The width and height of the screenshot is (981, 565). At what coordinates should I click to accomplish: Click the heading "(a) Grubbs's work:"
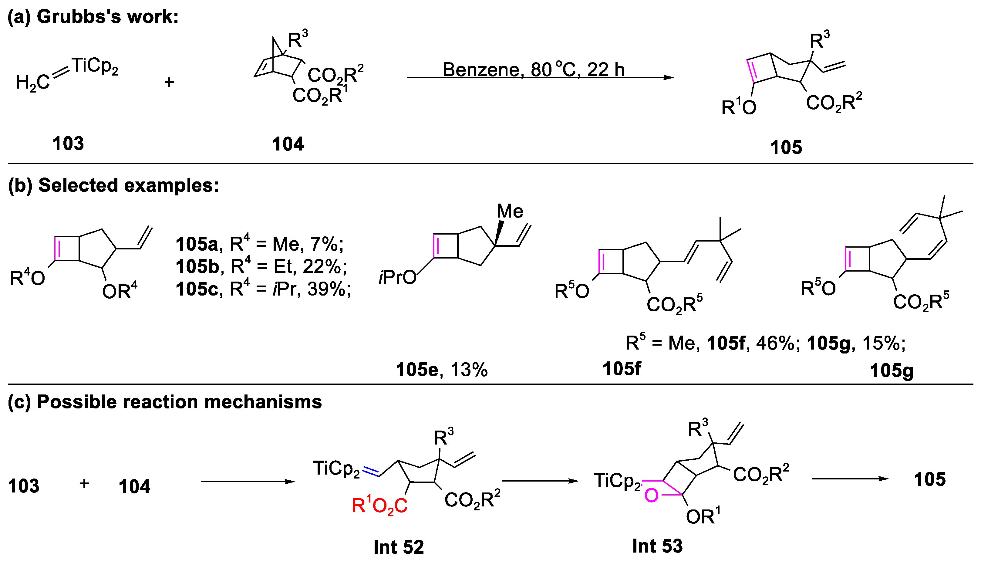(93, 17)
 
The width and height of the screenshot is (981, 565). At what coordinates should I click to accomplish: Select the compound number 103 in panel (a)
(68, 144)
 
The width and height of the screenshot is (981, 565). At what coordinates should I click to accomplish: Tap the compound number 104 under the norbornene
(288, 144)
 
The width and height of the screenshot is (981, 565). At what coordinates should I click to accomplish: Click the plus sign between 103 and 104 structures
(169, 82)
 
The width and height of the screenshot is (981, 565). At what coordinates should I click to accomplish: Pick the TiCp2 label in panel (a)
(95, 66)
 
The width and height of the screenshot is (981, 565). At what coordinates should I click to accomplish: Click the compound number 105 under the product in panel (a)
(786, 147)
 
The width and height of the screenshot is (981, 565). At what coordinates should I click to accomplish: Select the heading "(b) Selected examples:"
(113, 185)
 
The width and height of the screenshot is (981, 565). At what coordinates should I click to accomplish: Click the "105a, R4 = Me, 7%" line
(259, 244)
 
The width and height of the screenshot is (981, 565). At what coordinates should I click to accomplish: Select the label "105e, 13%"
(441, 370)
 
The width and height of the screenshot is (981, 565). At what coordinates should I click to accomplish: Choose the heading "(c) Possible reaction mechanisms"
(165, 402)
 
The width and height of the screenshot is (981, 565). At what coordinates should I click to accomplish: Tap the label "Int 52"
(398, 547)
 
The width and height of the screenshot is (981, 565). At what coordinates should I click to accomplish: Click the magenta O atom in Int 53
(651, 496)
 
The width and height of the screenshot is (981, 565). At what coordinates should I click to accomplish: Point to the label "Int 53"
(657, 546)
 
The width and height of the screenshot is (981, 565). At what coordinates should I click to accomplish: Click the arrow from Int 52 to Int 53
(540, 481)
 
